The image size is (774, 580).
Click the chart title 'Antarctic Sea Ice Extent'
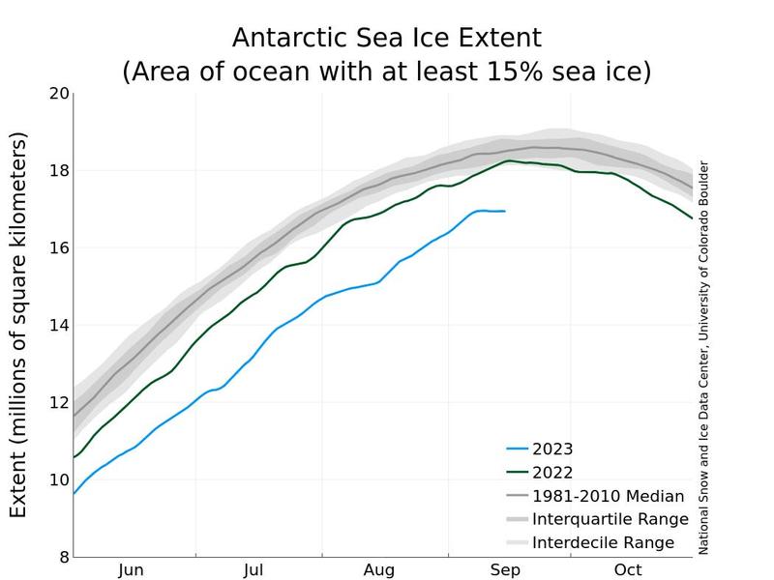click(x=386, y=38)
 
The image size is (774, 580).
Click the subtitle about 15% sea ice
click(x=386, y=72)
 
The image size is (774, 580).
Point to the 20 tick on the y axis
click(x=58, y=94)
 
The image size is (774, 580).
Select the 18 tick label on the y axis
click(x=58, y=171)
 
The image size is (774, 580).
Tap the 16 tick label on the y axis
click(x=58, y=248)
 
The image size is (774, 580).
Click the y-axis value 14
click(x=58, y=326)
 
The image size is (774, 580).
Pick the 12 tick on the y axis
click(x=58, y=403)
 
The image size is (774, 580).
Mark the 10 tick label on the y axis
click(x=58, y=480)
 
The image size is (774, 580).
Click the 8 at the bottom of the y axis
click(x=63, y=557)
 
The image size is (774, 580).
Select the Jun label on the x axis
click(x=132, y=570)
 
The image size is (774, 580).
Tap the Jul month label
click(x=254, y=570)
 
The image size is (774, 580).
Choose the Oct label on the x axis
click(x=628, y=570)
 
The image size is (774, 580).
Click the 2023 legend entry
click(x=552, y=449)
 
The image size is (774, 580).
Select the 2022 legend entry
click(x=552, y=473)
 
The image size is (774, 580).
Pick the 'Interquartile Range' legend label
click(x=610, y=519)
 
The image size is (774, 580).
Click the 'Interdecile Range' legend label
click(x=603, y=542)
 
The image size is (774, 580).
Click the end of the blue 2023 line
click(x=504, y=211)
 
